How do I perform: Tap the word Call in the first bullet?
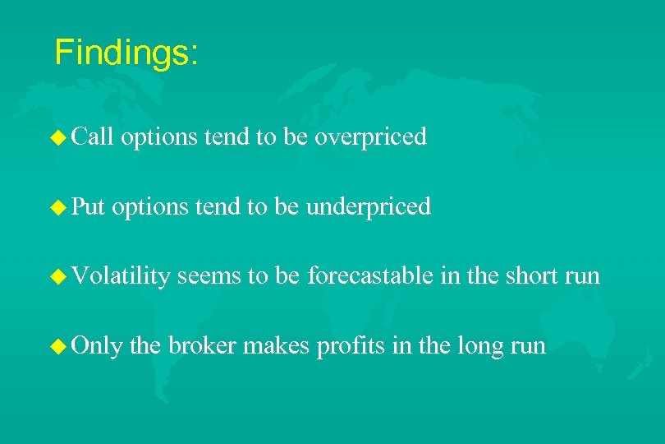coord(92,136)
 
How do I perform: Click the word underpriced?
coord(369,207)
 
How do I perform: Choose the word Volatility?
coord(121,276)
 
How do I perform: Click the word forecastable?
coord(370,276)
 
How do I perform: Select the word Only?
coord(96,345)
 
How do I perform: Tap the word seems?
coord(209,276)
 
